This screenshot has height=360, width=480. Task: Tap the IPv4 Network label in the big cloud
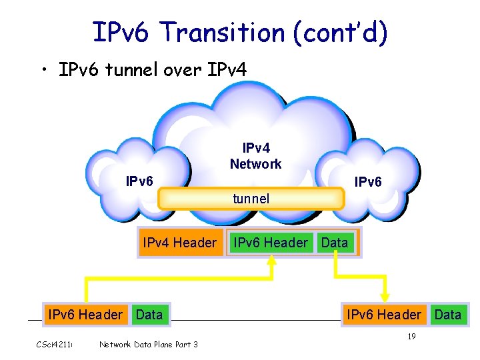(255, 155)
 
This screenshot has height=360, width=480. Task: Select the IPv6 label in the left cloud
(140, 181)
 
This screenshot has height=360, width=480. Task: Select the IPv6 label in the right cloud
(368, 181)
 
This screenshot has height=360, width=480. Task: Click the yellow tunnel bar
(251, 199)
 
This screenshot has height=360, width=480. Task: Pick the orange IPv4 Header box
(179, 243)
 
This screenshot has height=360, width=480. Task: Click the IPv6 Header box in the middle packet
(270, 243)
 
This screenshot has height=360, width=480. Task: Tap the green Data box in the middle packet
(335, 243)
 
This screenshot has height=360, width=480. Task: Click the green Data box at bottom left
(149, 314)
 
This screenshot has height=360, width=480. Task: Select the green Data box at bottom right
(448, 314)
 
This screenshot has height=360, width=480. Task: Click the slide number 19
(411, 337)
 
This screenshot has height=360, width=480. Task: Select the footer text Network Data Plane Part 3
(148, 344)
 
